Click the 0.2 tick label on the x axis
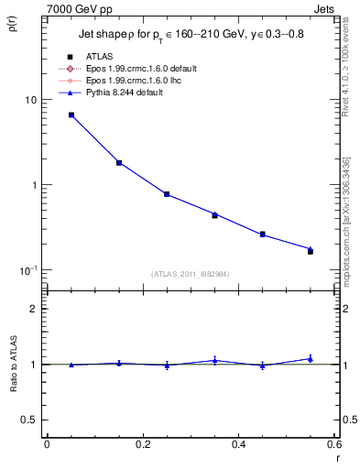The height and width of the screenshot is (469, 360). (x=142, y=444)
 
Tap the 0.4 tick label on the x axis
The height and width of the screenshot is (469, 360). (x=238, y=444)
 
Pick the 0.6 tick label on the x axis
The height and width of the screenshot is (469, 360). (x=333, y=444)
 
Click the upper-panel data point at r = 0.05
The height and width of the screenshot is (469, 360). (x=71, y=115)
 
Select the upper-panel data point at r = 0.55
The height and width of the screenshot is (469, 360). (x=311, y=250)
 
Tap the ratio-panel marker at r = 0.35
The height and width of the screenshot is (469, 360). (x=214, y=360)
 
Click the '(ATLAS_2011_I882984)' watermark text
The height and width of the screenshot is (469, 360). (x=190, y=273)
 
